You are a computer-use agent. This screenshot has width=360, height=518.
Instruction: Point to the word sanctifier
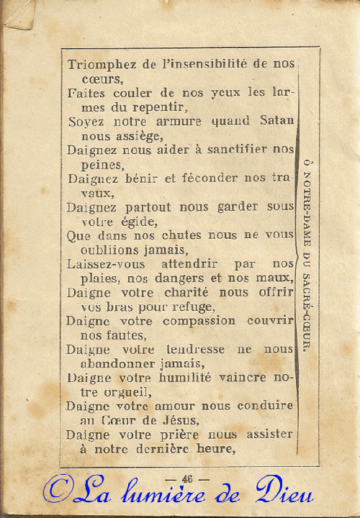(232, 150)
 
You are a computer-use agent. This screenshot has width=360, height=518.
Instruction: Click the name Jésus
(177, 420)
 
